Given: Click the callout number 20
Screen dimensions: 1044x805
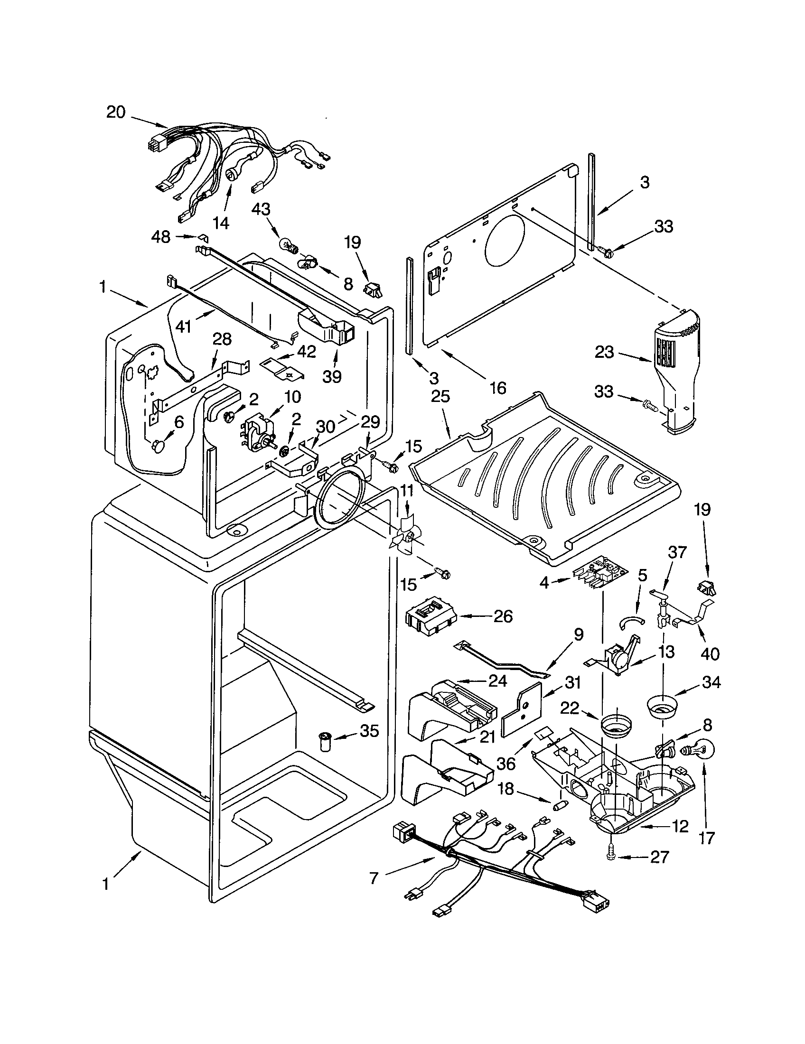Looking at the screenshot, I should click(x=115, y=112).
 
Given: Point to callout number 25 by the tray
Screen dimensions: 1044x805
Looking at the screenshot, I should click(x=440, y=397).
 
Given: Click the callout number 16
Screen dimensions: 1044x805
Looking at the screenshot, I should click(x=497, y=387).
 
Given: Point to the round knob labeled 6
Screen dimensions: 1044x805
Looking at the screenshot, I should click(x=158, y=447).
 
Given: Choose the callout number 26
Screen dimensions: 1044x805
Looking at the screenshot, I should click(x=502, y=616).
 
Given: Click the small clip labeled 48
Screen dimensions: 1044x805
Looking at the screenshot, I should click(x=203, y=236).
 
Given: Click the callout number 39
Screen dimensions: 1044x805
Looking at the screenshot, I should click(x=332, y=377).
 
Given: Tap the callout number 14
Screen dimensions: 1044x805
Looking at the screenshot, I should click(x=220, y=223).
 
